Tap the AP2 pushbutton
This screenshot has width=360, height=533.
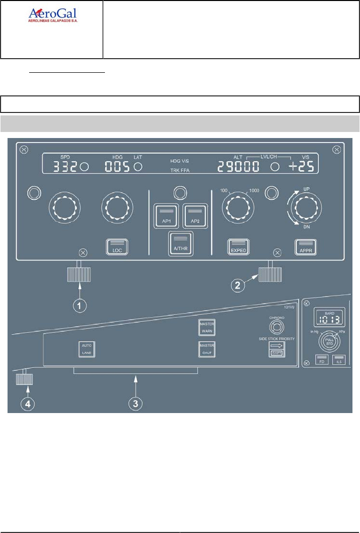194,216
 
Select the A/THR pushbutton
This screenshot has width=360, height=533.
180,244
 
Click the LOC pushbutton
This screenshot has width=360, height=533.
117,247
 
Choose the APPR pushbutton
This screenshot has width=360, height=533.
306,247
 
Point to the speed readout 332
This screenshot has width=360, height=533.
65,167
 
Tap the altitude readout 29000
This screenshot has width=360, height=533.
241,167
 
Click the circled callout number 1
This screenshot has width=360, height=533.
79,306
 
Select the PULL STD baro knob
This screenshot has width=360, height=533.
328,342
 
